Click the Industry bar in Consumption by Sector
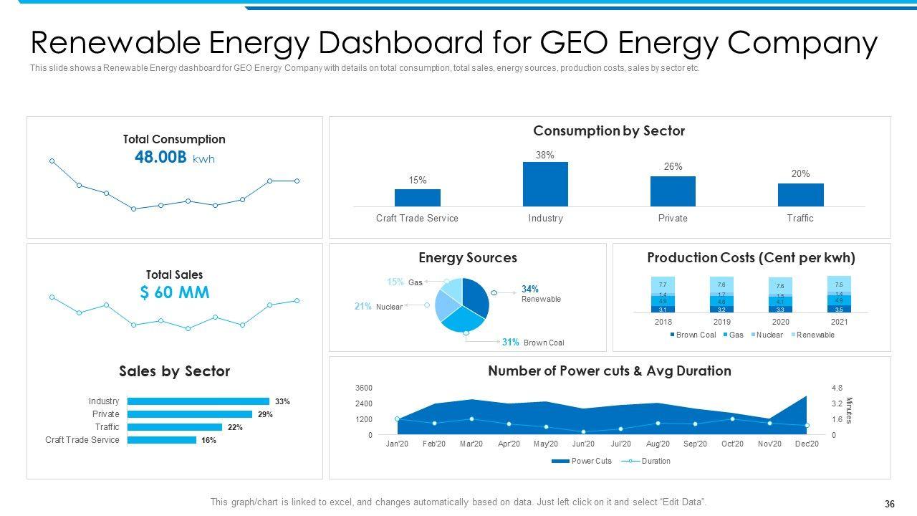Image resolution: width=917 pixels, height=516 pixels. coord(545,184)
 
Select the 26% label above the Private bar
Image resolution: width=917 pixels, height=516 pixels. coord(673,166)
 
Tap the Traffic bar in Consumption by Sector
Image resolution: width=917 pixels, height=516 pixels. coord(800,195)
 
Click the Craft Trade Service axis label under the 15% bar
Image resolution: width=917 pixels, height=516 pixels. coord(417,218)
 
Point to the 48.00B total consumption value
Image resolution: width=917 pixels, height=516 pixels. coord(160,158)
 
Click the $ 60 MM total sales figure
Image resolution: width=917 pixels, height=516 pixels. coord(174,292)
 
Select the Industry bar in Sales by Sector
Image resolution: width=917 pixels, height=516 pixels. coord(198,401)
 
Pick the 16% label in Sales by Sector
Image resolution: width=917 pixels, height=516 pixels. coord(208,440)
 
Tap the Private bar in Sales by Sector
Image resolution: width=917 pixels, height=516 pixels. coord(189,414)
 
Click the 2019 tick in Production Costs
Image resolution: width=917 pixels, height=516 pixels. coord(721,322)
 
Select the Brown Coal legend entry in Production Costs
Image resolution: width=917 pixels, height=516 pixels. coord(693,335)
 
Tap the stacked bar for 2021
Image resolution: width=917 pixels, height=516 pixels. coord(839,295)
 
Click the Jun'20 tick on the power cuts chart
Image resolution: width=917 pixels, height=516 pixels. coord(583,444)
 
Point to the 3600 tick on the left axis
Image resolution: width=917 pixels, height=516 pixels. coord(363,388)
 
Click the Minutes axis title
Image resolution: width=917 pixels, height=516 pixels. coord(850,411)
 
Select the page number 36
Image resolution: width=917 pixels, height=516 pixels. coord(890,504)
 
